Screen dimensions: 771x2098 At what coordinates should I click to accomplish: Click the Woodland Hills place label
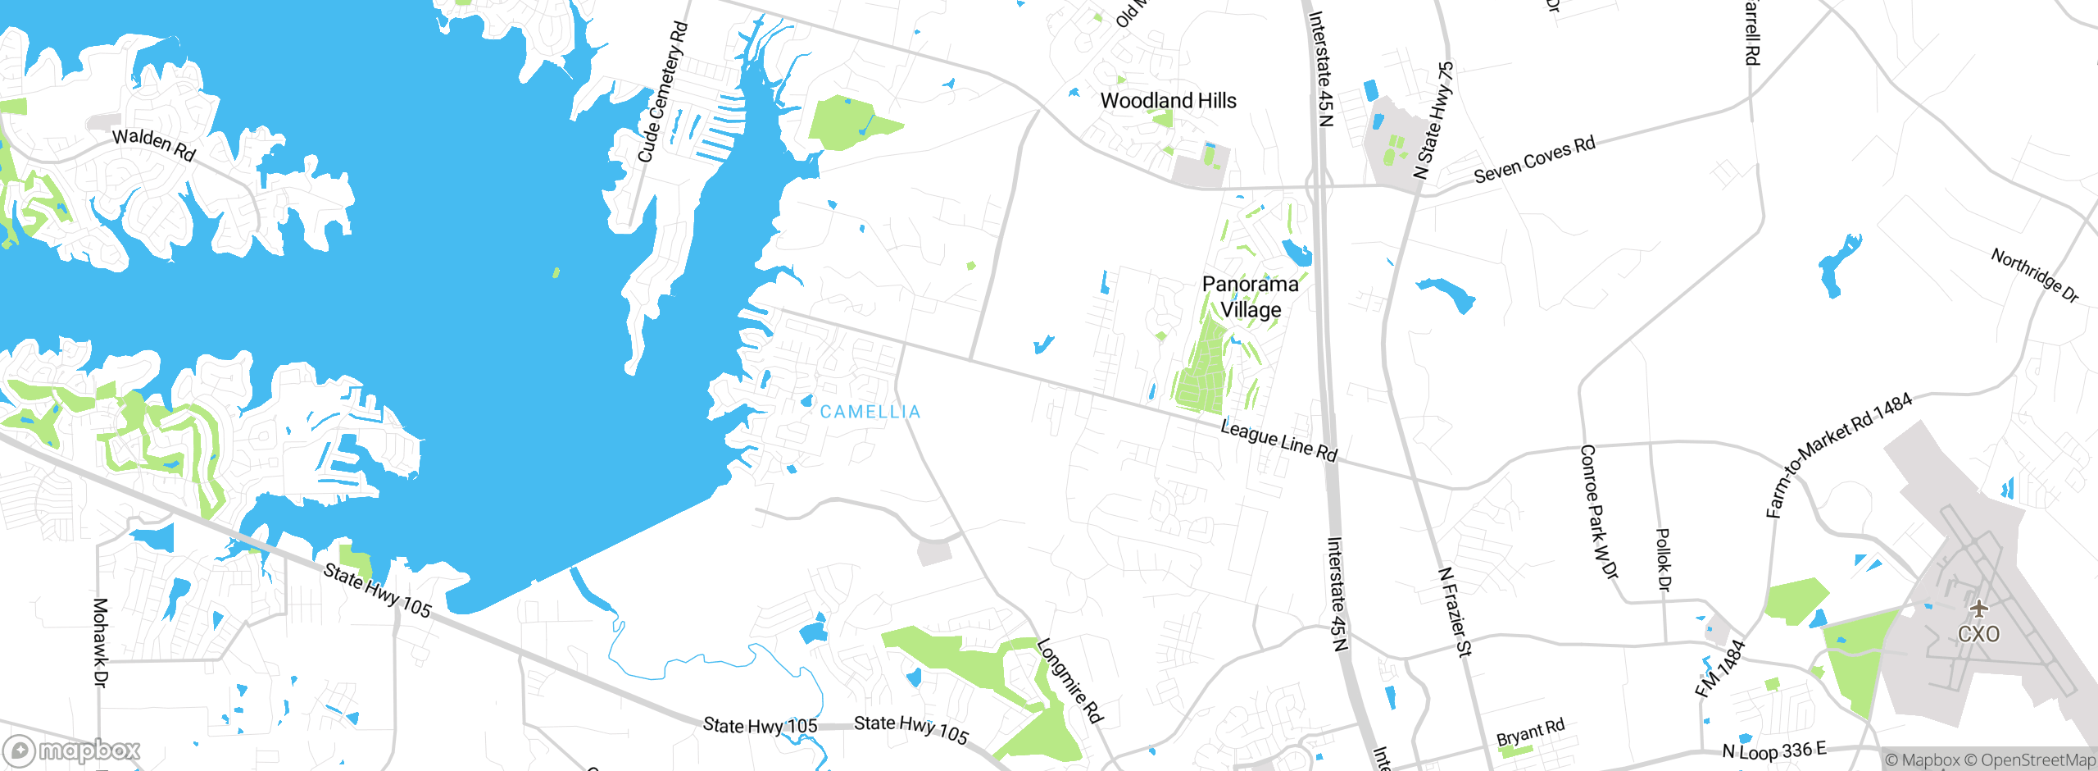1168,101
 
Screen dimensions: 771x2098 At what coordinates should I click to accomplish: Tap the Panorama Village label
1250,297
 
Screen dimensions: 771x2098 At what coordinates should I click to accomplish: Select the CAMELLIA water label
870,412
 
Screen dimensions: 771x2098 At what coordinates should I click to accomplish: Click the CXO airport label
1978,634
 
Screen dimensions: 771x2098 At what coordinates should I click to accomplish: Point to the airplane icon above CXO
1979,609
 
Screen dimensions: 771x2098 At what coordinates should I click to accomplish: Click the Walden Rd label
154,144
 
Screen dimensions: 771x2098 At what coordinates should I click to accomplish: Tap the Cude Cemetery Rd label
662,92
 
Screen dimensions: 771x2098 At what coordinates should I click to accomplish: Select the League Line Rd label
1278,440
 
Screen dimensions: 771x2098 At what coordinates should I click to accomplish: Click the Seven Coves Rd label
1534,159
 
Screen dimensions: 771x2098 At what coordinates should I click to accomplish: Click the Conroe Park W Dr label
1598,512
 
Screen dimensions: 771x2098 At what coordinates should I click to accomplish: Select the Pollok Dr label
1663,559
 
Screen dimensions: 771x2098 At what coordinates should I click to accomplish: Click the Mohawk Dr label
100,642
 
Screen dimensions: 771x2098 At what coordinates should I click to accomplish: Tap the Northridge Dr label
2035,275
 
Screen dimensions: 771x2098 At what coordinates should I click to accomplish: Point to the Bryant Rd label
1530,732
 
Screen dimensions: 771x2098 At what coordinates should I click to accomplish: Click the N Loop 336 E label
1774,750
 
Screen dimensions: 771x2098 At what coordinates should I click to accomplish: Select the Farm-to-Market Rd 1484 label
1838,454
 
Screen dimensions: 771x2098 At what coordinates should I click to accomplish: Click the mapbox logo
72,750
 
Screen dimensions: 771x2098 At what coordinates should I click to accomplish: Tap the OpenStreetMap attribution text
2036,760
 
